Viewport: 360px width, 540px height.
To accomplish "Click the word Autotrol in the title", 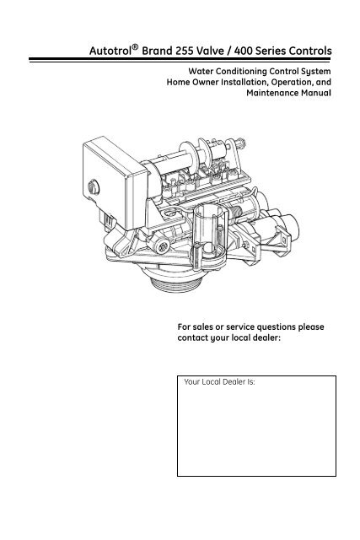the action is (110, 51).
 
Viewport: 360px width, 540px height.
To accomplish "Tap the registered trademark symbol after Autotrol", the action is (135, 47).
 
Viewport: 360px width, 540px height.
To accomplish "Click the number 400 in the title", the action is (243, 51).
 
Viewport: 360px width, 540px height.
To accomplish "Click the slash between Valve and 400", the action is (228, 51).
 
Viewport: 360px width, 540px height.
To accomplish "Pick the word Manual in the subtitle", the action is (316, 93).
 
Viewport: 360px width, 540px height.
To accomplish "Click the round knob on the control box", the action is (94, 187).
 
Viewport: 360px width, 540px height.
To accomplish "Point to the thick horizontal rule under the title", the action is (180, 60).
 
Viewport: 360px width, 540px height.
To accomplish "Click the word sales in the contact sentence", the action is (203, 327).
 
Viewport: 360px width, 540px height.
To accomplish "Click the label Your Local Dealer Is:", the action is (219, 382).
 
